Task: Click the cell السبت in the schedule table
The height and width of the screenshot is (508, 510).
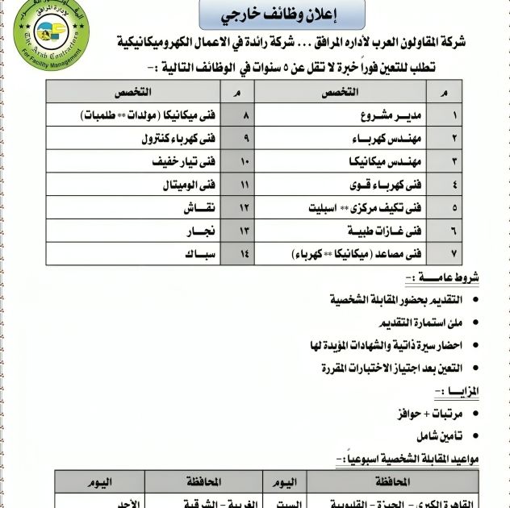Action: click(x=287, y=503)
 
